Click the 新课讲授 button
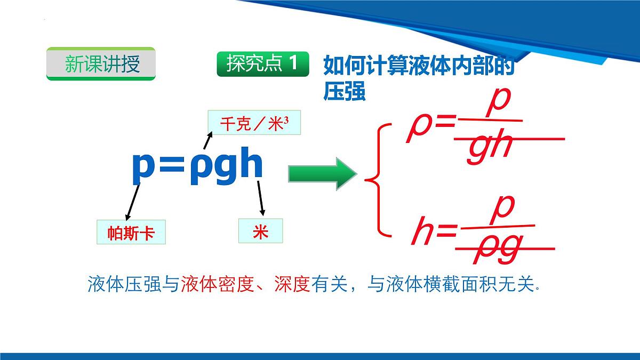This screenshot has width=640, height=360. coord(101,64)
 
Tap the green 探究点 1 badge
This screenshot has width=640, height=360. coord(263,64)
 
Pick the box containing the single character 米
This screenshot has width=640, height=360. coord(260,232)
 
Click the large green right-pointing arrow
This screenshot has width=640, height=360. coord(322,174)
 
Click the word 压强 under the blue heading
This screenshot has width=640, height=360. coord(344,91)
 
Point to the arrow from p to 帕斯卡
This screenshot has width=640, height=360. coord(133,201)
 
